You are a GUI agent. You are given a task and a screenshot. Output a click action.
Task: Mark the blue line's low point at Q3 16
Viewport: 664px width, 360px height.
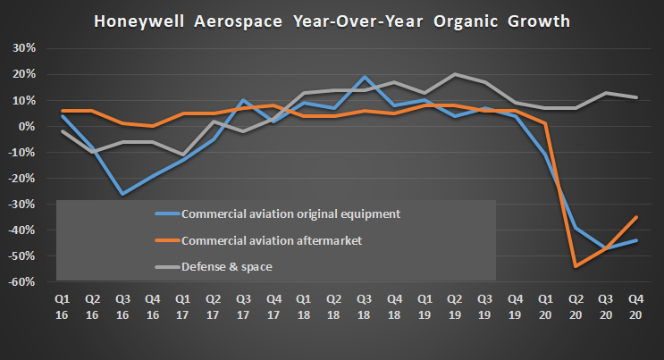tap(121, 194)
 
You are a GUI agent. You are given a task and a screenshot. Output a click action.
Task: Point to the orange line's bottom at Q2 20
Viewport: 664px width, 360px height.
tap(576, 266)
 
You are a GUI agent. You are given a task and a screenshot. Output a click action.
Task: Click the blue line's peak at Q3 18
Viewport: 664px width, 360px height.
tap(364, 78)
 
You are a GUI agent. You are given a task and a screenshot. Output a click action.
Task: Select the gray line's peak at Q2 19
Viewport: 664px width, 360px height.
tap(455, 74)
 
